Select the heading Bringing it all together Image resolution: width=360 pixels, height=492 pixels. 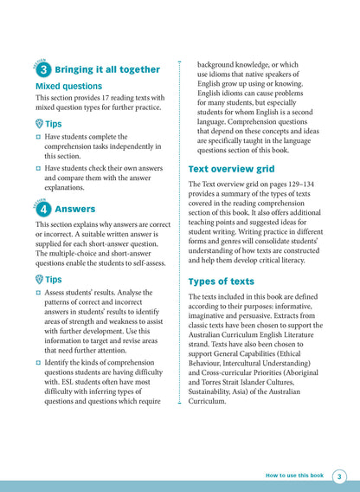107,69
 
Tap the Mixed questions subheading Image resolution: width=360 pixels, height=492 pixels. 68,87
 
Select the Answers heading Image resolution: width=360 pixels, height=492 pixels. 75,210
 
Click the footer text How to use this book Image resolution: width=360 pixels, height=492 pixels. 294,476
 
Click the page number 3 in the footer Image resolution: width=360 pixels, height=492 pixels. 339,476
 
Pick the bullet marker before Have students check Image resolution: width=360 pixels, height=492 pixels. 39,168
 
